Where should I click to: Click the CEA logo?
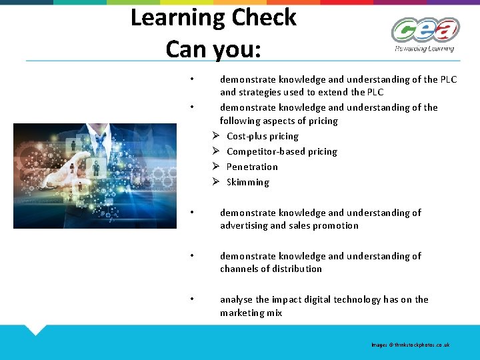coord(425,30)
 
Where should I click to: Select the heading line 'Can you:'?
coord(213,48)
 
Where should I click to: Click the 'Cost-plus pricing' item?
coord(262,136)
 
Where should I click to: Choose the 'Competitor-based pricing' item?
coord(281,151)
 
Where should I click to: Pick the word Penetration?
coord(252,167)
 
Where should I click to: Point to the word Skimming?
coord(247,182)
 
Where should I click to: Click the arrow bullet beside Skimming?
coord(216,182)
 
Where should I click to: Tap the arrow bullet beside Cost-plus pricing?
coord(216,136)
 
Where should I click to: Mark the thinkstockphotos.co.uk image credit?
coord(411,345)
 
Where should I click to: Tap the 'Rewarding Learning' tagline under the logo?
coord(424,49)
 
